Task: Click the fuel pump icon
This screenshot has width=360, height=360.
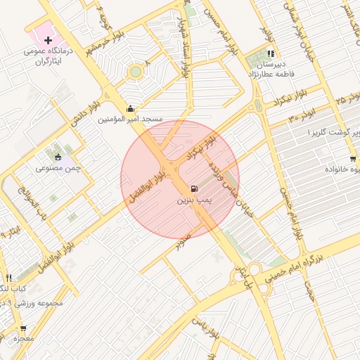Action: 193,190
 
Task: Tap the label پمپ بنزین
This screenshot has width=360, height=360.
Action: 193,201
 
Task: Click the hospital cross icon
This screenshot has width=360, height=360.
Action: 48,41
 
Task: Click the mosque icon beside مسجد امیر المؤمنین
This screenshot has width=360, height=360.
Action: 130,109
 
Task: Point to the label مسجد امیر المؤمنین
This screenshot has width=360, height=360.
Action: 130,120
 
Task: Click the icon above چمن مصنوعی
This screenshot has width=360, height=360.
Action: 58,157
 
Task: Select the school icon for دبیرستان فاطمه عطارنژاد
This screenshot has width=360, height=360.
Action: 271,54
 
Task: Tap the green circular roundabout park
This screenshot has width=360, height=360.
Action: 135,71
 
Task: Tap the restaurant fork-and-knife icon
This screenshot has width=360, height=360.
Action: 8,278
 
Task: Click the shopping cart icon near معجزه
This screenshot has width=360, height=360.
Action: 23,328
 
